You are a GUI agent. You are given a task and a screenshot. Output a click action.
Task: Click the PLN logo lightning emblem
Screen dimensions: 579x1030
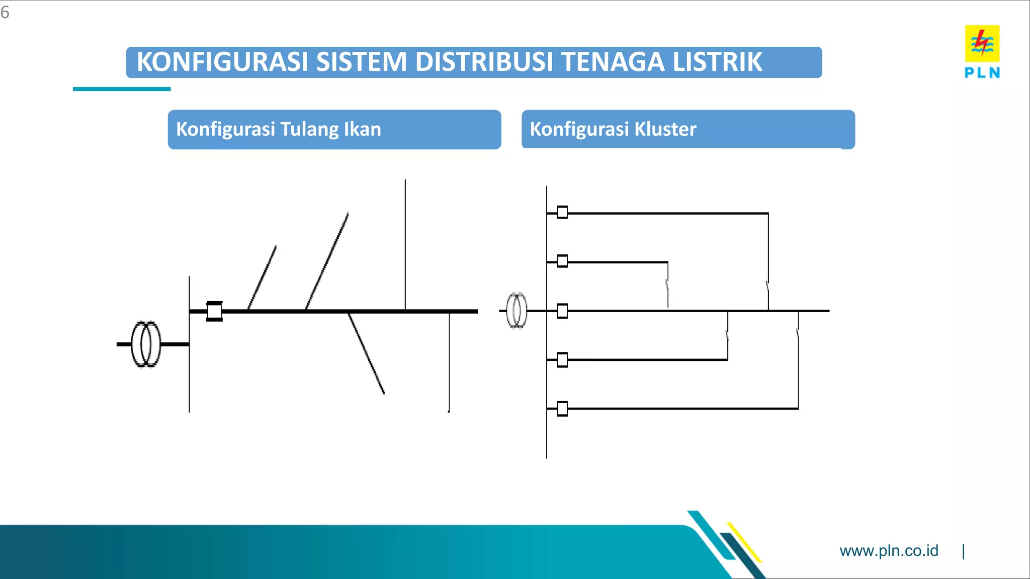point(982,43)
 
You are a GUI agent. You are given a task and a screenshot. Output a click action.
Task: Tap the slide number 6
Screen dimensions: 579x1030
point(5,12)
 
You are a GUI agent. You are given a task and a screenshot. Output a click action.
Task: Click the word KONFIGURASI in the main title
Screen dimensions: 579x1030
point(221,62)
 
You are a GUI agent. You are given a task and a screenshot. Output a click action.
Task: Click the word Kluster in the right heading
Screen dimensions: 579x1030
point(665,129)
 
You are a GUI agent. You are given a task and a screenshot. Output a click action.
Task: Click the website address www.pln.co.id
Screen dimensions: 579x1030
point(889,551)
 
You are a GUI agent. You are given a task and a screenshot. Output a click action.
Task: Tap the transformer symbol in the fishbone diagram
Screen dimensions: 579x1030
point(146,344)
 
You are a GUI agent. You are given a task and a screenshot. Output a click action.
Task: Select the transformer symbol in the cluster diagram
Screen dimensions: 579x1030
point(517,311)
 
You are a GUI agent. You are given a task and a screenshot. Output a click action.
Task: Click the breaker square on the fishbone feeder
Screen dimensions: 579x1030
point(214,311)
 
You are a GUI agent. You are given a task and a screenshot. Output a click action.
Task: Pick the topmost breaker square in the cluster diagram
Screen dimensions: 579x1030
point(562,213)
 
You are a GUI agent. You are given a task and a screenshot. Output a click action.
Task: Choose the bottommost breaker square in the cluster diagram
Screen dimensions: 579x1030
point(562,409)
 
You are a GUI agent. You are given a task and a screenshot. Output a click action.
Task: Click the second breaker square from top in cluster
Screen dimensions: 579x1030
point(562,261)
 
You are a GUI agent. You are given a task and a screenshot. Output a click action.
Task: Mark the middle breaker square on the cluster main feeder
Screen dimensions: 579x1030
point(562,311)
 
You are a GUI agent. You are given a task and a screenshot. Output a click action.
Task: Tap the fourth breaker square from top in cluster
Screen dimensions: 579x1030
point(562,360)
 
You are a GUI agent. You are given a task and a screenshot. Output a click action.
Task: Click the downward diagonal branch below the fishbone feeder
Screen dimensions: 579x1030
point(366,353)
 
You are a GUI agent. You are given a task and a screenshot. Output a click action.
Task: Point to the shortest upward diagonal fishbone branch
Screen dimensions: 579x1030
point(262,277)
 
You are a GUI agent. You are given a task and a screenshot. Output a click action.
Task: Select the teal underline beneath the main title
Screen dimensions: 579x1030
point(122,89)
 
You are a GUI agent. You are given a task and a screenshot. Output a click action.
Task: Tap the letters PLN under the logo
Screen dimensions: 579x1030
point(982,73)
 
